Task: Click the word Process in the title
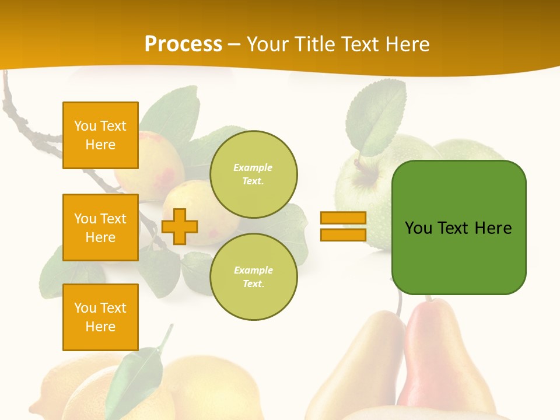183,44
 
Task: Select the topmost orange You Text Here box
100,135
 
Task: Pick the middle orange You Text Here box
100,228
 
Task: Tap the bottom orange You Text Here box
100,317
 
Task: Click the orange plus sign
180,226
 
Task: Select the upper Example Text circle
253,174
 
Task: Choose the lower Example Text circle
253,277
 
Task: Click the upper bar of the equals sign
343,218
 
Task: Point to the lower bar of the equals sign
343,235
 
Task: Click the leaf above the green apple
376,117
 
